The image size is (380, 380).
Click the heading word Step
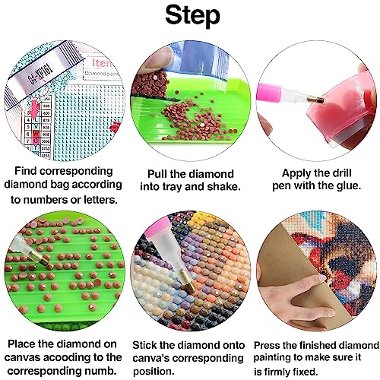(x=192, y=16)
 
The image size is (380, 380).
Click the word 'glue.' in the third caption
(x=348, y=186)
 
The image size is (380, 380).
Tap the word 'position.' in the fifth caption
(x=154, y=372)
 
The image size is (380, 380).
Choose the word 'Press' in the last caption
(x=267, y=345)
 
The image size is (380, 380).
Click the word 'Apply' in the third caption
(x=296, y=174)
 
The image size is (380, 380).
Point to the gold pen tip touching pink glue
(x=316, y=100)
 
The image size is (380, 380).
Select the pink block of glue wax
(x=342, y=112)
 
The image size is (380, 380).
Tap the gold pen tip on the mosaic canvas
(x=188, y=280)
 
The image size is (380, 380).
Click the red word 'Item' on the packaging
(x=101, y=62)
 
